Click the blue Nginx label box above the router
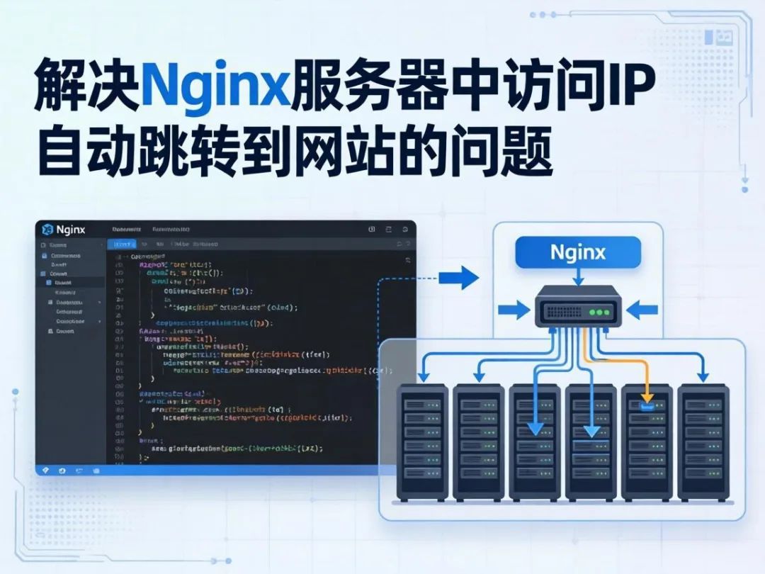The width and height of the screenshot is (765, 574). (x=577, y=252)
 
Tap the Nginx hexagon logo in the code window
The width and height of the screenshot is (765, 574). (x=47, y=230)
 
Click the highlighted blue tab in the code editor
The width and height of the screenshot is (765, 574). (x=124, y=244)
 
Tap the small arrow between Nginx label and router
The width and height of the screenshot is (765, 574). (x=577, y=277)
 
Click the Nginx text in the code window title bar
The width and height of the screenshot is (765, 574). (x=70, y=230)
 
